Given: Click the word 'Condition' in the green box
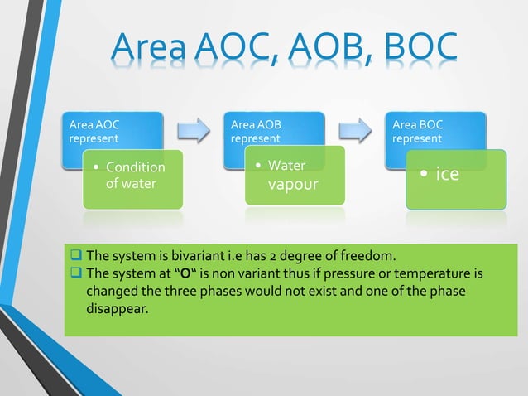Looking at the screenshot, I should point(136,167).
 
